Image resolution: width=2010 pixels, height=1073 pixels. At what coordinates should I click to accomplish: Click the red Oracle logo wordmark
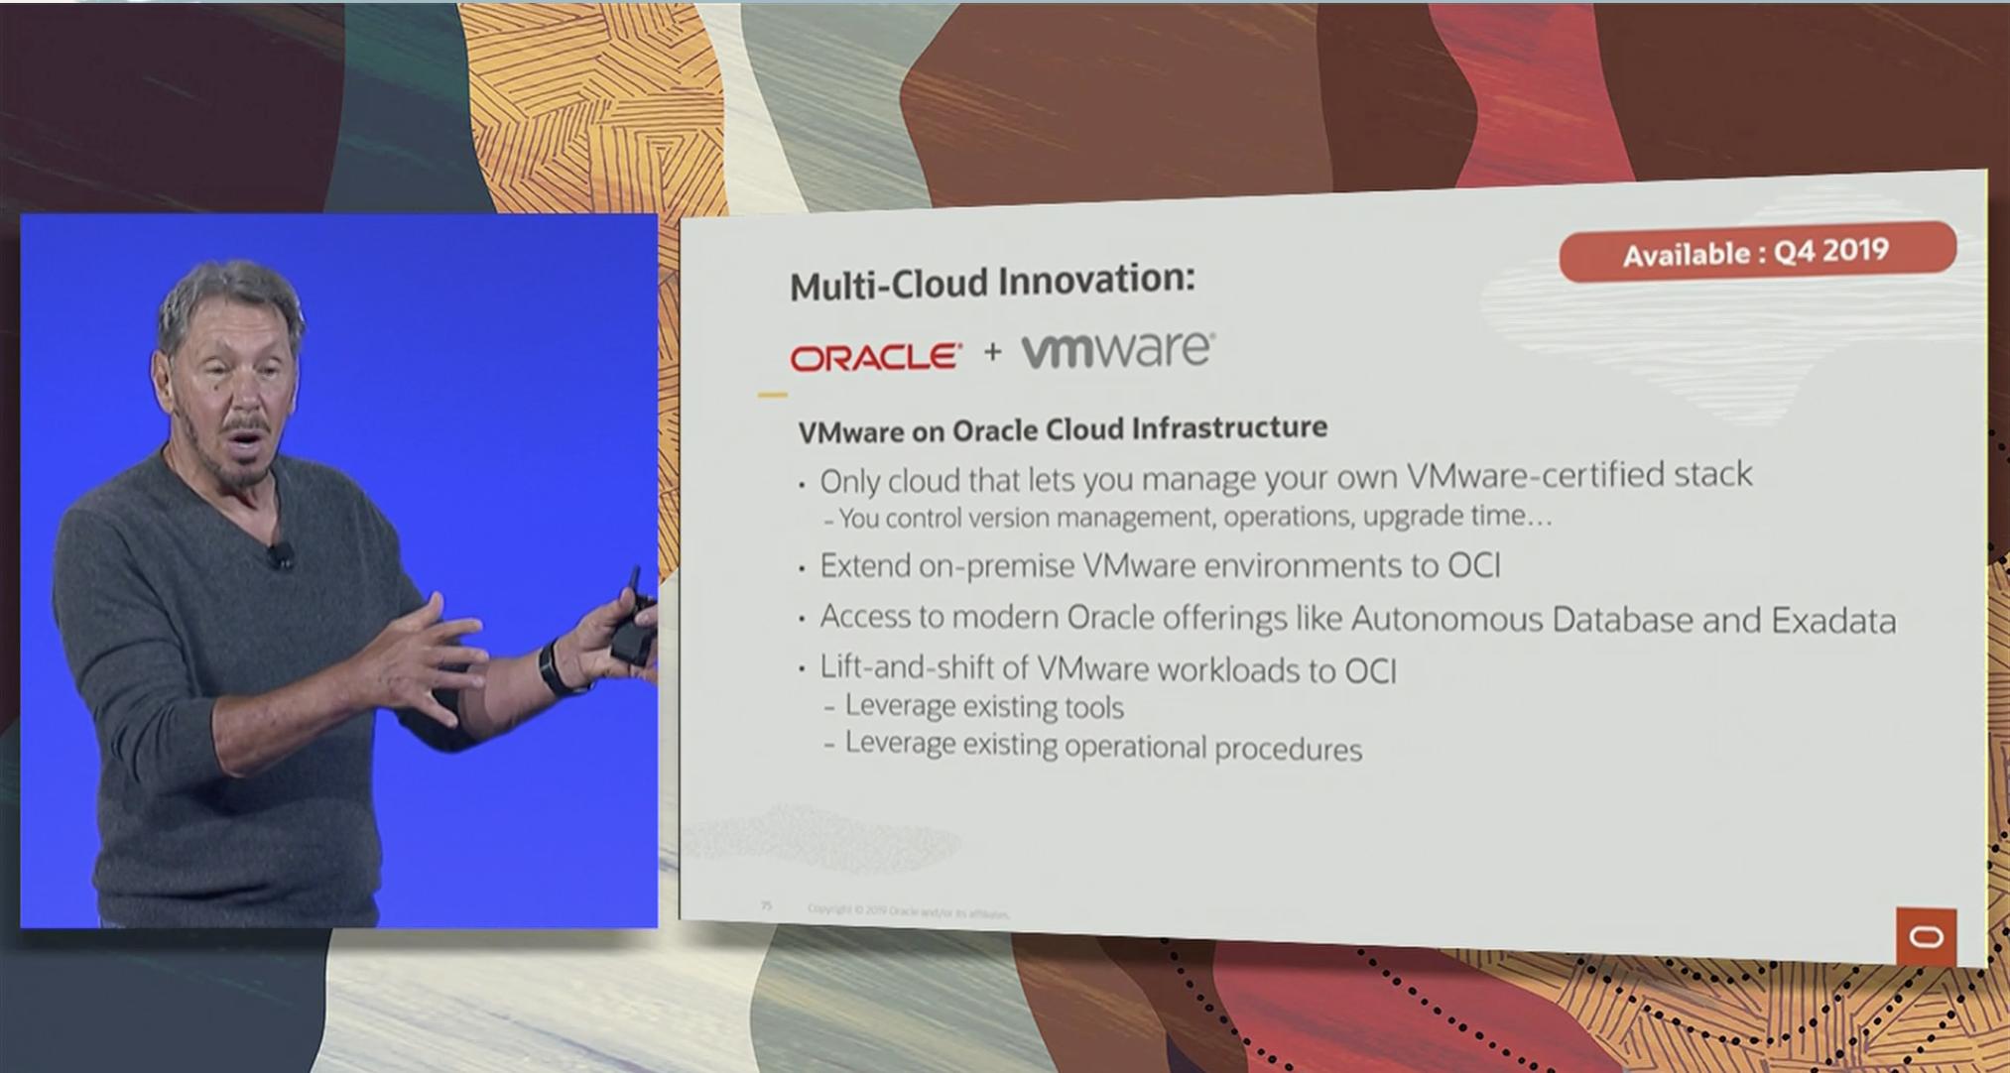coord(876,357)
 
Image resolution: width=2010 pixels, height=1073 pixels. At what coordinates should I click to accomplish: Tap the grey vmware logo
coord(1117,350)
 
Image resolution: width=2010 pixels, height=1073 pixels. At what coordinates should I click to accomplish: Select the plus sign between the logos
coord(992,352)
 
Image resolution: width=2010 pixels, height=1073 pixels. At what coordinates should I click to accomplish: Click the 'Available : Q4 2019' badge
coord(1756,252)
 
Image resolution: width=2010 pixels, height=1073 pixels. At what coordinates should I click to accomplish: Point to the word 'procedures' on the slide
coord(1288,749)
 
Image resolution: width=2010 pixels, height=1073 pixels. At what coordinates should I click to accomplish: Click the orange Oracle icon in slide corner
coord(1926,936)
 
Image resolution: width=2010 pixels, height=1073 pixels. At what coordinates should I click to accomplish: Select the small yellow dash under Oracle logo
coord(772,395)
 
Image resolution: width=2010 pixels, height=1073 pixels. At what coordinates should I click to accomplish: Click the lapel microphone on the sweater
coord(281,555)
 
